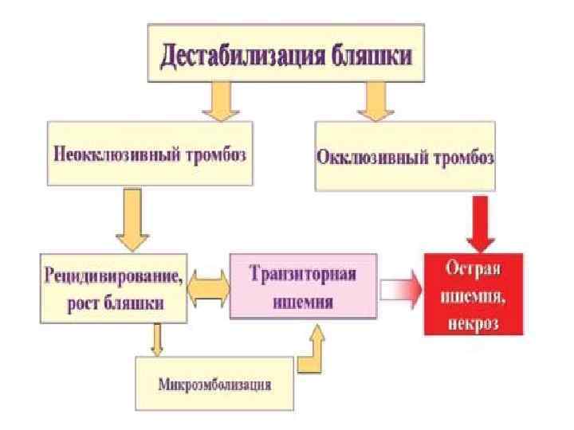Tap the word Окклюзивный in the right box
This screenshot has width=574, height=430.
point(373,158)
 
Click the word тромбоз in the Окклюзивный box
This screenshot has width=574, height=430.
point(462,158)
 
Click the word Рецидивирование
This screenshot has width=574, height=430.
point(112,276)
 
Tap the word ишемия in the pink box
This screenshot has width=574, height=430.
point(303,301)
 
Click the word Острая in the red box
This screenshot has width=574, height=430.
point(473,271)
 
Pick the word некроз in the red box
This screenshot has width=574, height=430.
point(473,316)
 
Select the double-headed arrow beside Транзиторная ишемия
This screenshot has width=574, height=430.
point(208,288)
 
